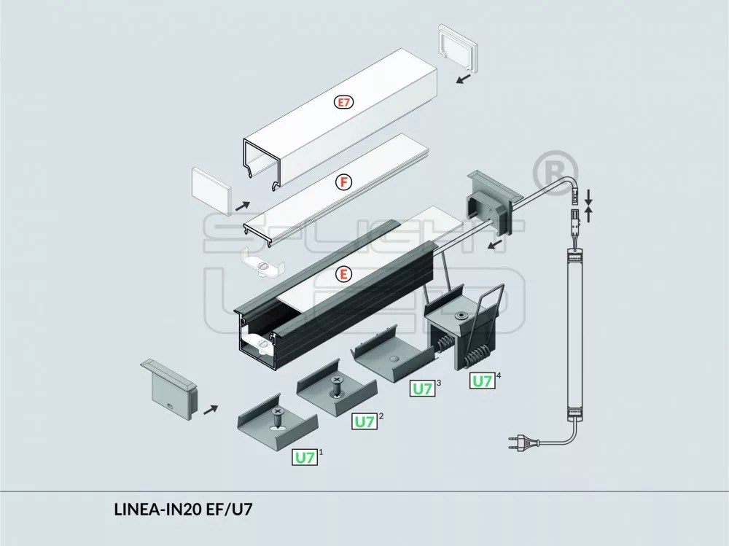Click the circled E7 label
point(343,103)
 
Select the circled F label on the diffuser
point(343,182)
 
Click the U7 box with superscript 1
point(305,458)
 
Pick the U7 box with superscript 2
point(364,421)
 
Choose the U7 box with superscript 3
point(422,389)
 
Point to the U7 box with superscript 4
point(482,381)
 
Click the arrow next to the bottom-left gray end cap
point(210,410)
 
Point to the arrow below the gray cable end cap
point(496,244)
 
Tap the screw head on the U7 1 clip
point(277,413)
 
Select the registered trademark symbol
point(555,170)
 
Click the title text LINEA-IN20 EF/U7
point(183,510)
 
